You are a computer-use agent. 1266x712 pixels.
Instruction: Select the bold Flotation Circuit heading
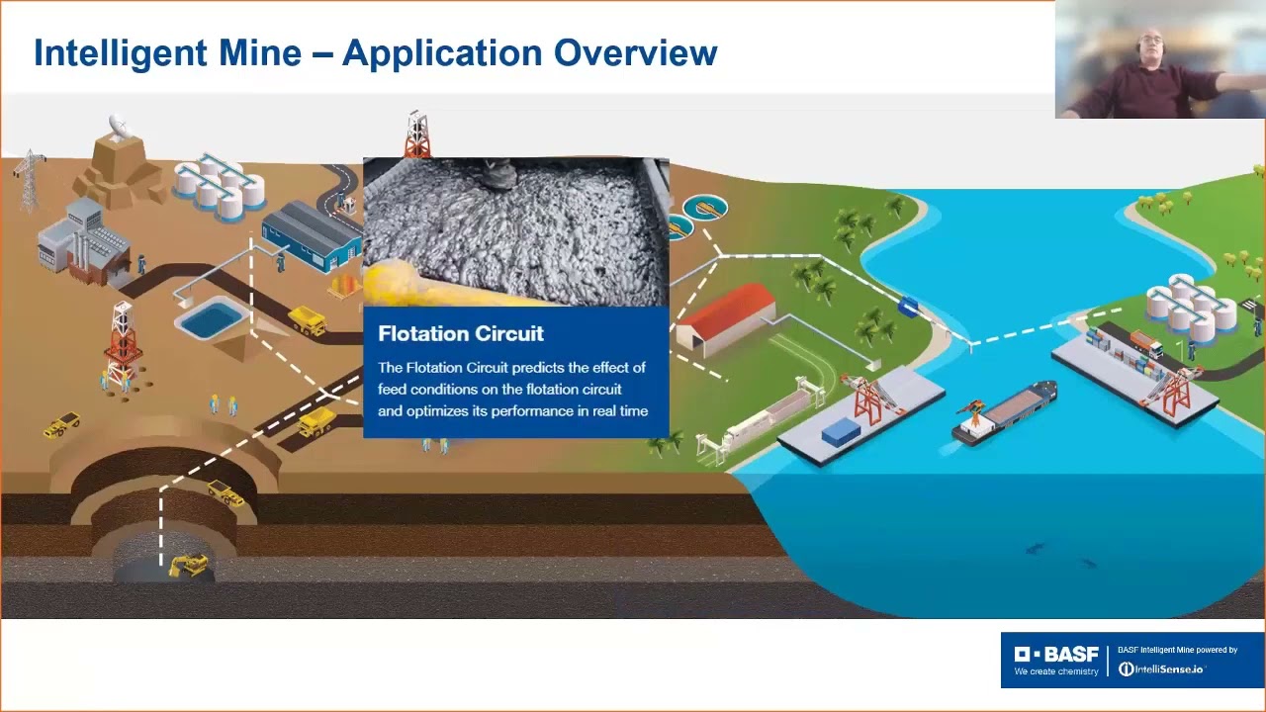coord(461,333)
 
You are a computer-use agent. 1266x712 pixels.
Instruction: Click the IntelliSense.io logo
coord(1161,669)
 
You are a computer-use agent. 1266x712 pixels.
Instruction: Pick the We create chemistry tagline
coord(1056,672)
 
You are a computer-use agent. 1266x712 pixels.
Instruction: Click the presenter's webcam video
coord(1159,59)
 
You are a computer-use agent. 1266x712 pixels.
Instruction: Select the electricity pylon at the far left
coord(30,178)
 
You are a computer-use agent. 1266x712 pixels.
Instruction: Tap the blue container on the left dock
coord(842,431)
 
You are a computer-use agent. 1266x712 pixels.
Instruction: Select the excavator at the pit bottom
coord(188,565)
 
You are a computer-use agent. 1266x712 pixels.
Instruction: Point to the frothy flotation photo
coord(515,231)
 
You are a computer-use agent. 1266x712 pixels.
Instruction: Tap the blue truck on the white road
coord(908,307)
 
